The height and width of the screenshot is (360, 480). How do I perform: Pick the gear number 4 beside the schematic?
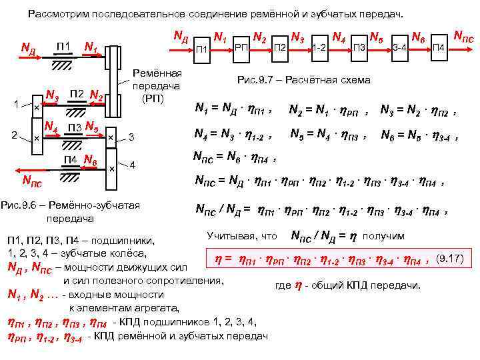(132, 164)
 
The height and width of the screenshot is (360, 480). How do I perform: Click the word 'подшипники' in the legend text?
(130, 240)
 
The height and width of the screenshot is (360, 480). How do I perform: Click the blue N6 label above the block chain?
(419, 35)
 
